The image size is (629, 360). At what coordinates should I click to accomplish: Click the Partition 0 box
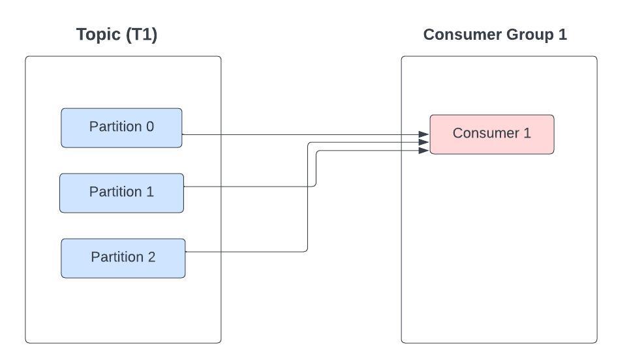point(121,128)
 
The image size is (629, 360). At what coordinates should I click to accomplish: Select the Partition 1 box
point(121,193)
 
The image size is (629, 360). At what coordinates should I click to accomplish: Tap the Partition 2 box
point(123,258)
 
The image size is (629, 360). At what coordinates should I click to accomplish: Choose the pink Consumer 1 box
point(492,134)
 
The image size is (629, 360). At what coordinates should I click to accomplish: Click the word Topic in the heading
point(99,35)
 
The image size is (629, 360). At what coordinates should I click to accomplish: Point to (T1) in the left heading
point(142,35)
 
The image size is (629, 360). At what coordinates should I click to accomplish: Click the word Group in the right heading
point(530,35)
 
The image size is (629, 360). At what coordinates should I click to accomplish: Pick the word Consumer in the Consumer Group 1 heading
point(463,35)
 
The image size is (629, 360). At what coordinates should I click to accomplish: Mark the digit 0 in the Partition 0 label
point(150,127)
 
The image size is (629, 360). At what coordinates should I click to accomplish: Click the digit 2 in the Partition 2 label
point(151,257)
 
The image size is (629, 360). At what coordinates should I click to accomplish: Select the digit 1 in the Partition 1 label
point(150,192)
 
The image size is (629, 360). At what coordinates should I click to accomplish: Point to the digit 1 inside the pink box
point(527,133)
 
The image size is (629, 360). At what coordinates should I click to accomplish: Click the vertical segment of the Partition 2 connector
point(308,197)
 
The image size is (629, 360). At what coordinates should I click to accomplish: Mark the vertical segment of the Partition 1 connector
point(316,168)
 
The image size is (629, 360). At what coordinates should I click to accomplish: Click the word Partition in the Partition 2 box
point(117,257)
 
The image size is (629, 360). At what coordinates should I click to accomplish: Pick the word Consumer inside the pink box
point(486,133)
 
